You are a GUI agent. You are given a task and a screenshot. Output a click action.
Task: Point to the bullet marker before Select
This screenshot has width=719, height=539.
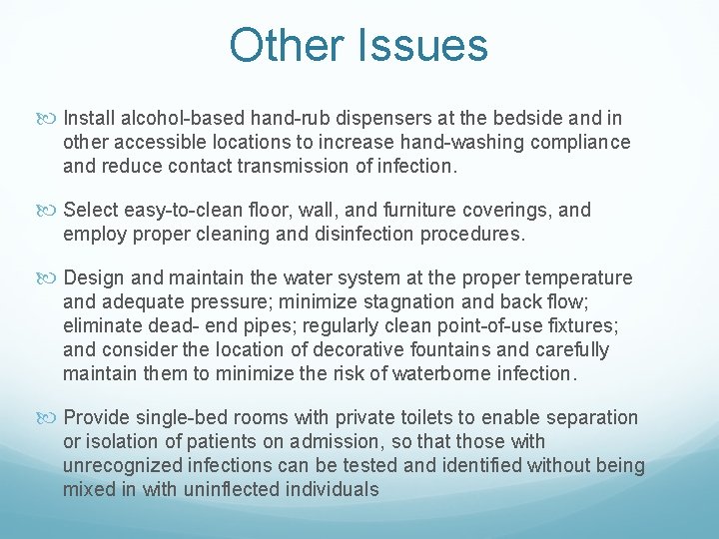click(51, 211)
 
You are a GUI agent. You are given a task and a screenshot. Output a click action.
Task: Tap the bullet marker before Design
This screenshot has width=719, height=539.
click(51, 278)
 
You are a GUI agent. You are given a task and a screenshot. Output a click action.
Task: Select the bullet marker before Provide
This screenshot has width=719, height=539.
click(51, 418)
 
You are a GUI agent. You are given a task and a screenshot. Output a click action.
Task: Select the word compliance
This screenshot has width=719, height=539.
click(582, 143)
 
